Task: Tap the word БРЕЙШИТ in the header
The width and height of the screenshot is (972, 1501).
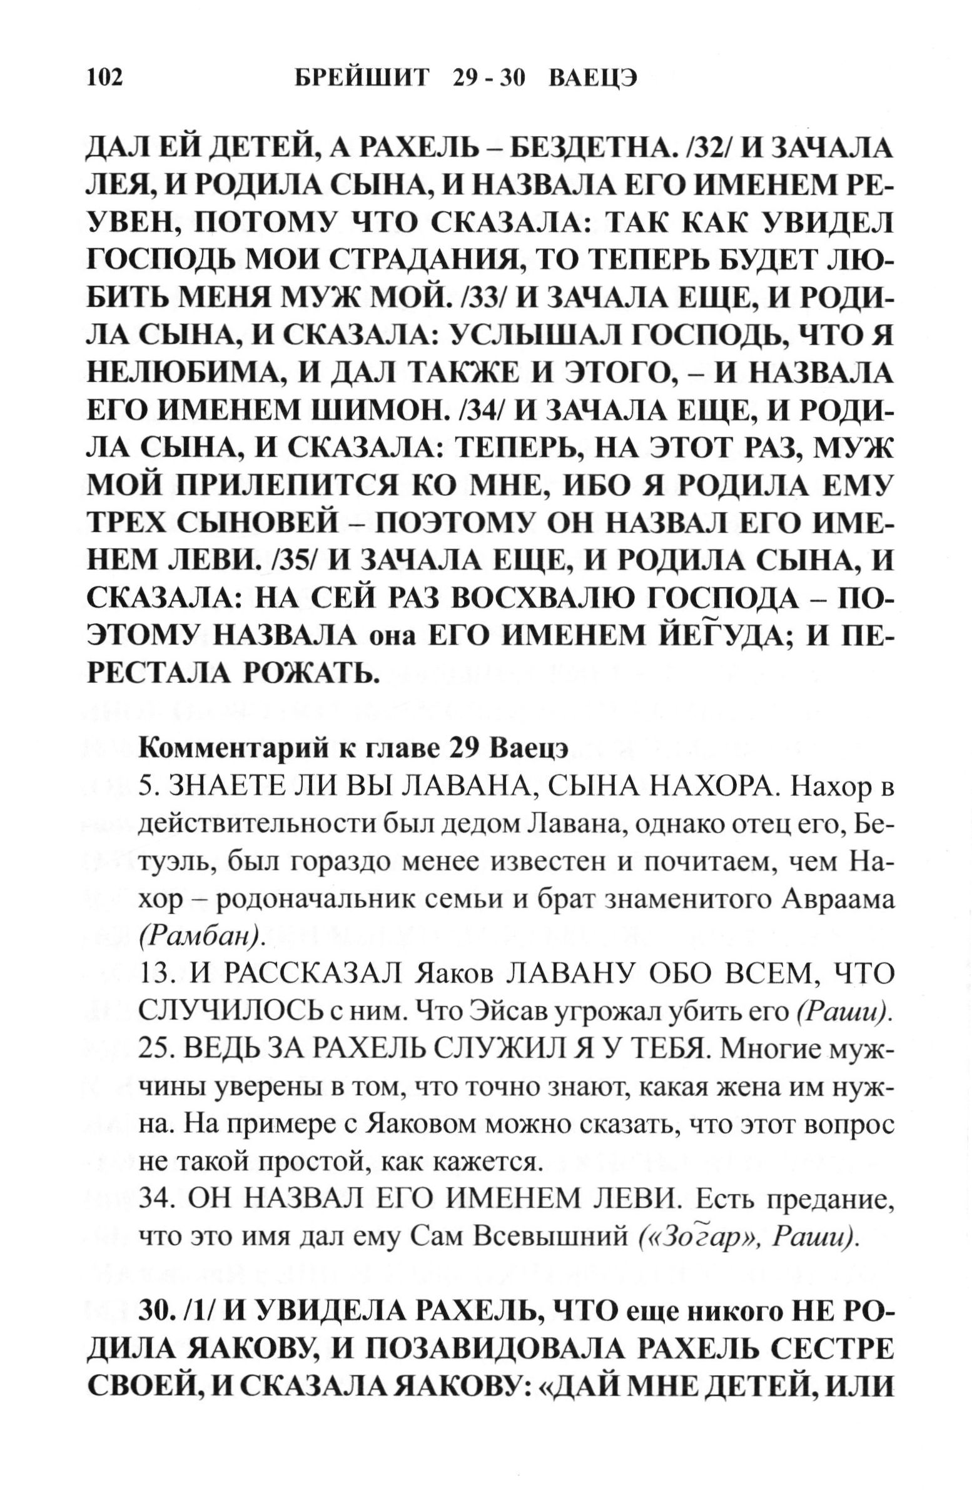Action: [x=362, y=78]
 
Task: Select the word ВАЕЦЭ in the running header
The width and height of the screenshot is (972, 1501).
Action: [x=593, y=78]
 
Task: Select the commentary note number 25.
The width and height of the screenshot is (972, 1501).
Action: [x=156, y=1048]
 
